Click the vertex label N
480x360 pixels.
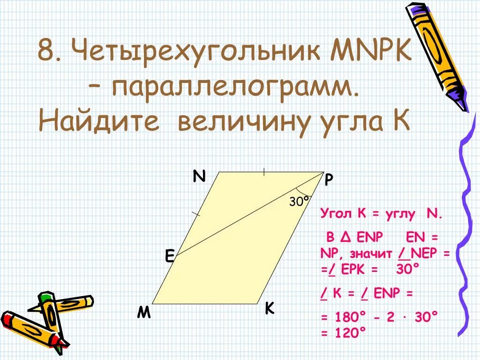click(x=199, y=176)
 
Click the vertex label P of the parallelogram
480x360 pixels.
click(x=329, y=180)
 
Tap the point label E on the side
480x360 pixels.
click(x=169, y=256)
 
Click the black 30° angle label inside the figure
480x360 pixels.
click(x=300, y=202)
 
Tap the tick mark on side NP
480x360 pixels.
click(x=264, y=172)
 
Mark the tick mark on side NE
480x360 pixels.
click(x=196, y=214)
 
